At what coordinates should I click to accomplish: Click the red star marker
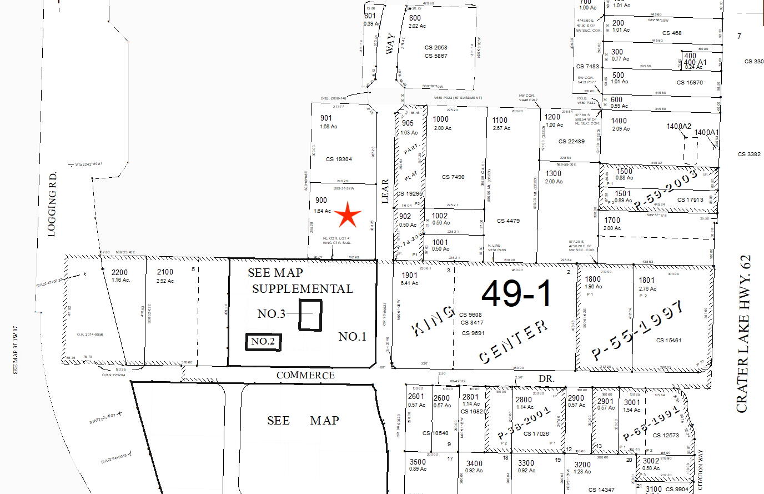pos(348,216)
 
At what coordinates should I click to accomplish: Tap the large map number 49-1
pos(517,293)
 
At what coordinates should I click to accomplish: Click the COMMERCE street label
pos(305,375)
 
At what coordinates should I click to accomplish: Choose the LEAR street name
pos(385,191)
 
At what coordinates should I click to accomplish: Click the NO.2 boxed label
pos(263,342)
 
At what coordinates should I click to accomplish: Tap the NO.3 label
pos(272,314)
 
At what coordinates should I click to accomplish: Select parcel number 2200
pos(119,272)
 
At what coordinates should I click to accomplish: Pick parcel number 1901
pos(410,275)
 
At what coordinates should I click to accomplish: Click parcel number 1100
pos(500,120)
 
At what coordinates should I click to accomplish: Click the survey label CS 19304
pos(339,159)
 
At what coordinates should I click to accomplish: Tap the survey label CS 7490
pos(453,177)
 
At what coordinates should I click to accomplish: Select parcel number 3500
pos(418,462)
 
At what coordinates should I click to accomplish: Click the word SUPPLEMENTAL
pos(303,289)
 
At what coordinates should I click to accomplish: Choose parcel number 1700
pos(612,220)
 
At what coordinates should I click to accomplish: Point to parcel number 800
pos(415,18)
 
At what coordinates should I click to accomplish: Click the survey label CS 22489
pos(571,142)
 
